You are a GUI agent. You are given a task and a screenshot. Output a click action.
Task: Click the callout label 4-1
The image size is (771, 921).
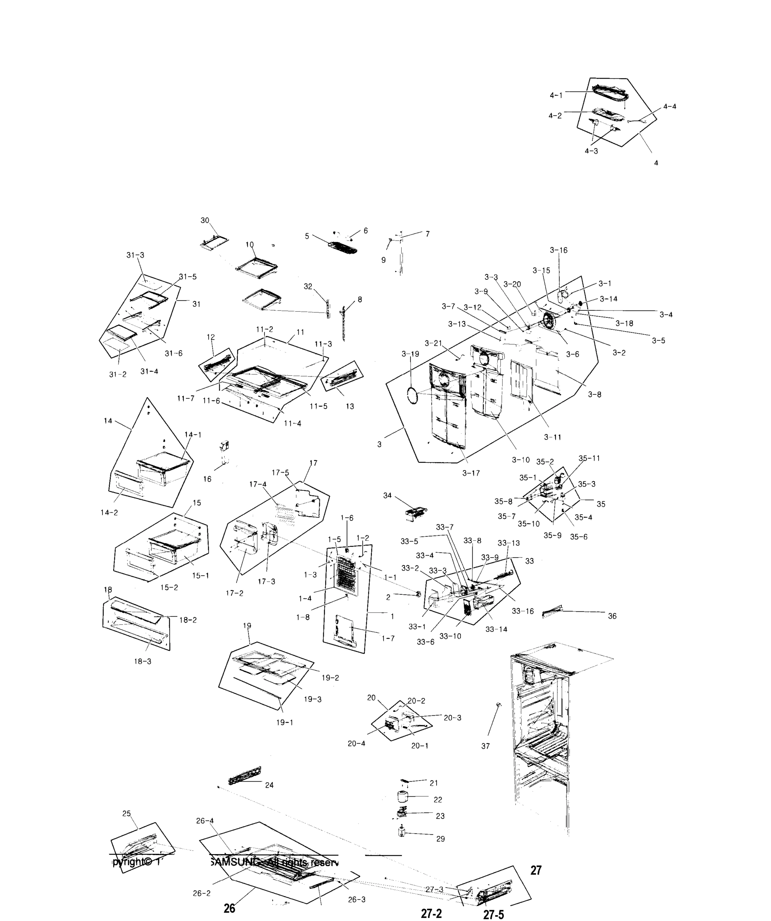[556, 95]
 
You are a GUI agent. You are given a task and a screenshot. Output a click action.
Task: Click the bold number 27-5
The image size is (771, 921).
[493, 914]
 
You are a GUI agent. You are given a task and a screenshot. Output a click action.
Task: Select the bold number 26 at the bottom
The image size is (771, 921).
[230, 908]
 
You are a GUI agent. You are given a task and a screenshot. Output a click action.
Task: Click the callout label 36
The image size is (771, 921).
[612, 616]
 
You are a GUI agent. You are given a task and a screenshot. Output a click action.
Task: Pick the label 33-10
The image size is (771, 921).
[450, 636]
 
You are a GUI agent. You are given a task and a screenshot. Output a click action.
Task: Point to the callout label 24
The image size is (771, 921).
[270, 785]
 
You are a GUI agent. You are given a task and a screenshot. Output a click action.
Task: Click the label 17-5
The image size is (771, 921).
[280, 473]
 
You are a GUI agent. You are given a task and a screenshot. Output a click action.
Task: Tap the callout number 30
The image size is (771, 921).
[205, 221]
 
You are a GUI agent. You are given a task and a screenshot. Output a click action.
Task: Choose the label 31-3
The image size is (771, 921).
[135, 255]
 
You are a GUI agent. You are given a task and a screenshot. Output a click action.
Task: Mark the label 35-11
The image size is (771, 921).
[589, 458]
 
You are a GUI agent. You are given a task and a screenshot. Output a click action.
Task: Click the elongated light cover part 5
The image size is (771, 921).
[343, 248]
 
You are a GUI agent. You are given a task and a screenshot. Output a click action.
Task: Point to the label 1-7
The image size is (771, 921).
[388, 639]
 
